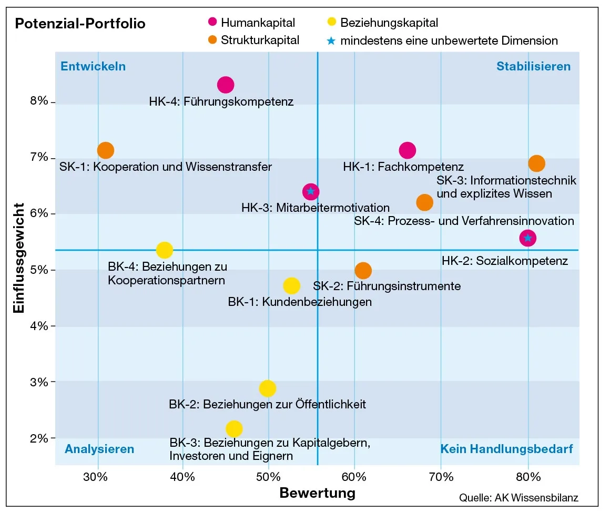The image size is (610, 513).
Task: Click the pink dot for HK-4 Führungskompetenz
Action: point(226,85)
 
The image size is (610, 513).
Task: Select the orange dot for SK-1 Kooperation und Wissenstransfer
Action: point(106,150)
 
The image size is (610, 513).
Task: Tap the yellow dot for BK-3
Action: point(234,428)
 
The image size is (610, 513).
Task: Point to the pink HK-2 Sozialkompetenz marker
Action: point(527,238)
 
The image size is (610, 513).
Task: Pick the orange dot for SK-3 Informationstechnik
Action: point(536,163)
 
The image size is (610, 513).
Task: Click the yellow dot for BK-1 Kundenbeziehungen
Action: point(291,286)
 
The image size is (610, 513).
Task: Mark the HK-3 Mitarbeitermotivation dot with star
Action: point(311,191)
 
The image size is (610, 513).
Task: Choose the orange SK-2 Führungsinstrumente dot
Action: point(363,271)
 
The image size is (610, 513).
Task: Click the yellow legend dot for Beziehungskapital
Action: point(331,23)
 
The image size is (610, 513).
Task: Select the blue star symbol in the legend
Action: point(331,40)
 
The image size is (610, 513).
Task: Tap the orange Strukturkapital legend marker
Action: point(212,40)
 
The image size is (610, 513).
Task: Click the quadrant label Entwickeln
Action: point(93,67)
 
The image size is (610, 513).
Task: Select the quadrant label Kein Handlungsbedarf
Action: point(506,449)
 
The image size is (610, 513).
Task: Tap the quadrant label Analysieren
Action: point(99,449)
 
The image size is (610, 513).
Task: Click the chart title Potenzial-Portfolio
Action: point(80,24)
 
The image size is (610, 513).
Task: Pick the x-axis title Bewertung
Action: point(317,493)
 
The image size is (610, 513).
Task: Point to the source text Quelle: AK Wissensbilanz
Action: point(519,497)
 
